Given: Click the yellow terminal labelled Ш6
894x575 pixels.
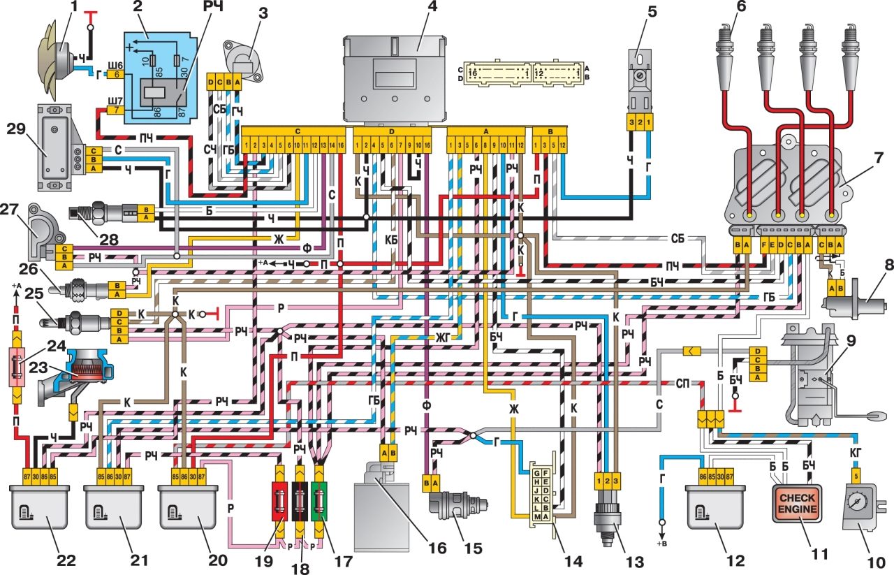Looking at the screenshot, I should (116, 74).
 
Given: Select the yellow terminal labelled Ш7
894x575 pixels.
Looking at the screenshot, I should (117, 110).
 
